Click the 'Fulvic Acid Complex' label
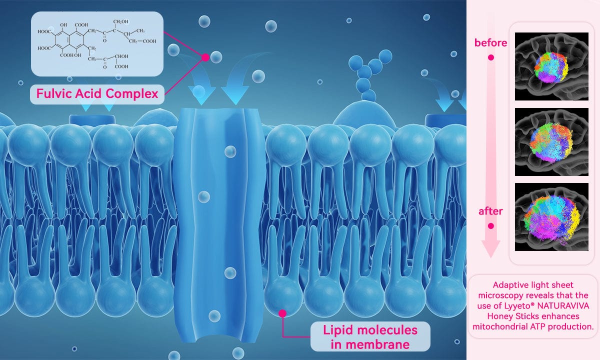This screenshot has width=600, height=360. pyautogui.click(x=97, y=94)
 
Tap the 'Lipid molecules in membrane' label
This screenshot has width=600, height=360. pyautogui.click(x=370, y=336)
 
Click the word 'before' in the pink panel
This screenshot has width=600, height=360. pyautogui.click(x=490, y=43)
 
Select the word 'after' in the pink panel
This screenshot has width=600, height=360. pyautogui.click(x=490, y=211)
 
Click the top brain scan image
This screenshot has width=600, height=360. pyautogui.click(x=551, y=66)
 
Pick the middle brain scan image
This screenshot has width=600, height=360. pyautogui.click(x=551, y=142)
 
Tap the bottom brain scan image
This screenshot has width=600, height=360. pyautogui.click(x=551, y=217)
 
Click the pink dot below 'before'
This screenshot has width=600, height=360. pyautogui.click(x=490, y=57)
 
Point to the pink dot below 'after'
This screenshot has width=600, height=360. pyautogui.click(x=490, y=226)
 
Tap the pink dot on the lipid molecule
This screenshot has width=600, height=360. pyautogui.click(x=282, y=313)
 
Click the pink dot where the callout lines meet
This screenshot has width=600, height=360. pyautogui.click(x=205, y=57)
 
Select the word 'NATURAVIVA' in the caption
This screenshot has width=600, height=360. pyautogui.click(x=563, y=306)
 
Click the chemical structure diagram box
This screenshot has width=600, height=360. pyautogui.click(x=97, y=44)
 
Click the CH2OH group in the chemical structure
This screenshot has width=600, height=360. pyautogui.click(x=120, y=21)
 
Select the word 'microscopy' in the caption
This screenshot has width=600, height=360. pyautogui.click(x=500, y=295)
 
